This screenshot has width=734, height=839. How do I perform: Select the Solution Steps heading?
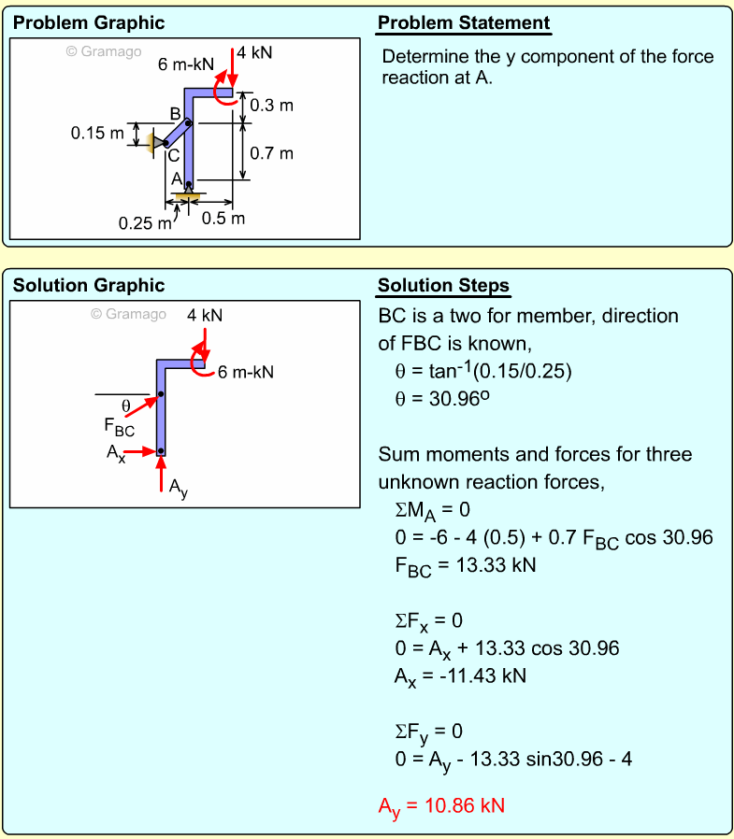click(443, 286)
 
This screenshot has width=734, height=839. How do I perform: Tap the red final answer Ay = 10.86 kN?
click(440, 805)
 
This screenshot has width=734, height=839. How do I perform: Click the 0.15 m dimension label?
click(97, 134)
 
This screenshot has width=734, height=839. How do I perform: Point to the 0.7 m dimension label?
click(273, 153)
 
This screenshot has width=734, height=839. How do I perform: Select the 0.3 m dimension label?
click(272, 106)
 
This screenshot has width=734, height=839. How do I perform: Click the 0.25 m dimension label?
click(145, 223)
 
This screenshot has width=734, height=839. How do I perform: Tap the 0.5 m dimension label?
click(223, 219)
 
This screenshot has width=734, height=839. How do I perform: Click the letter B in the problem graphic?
click(175, 114)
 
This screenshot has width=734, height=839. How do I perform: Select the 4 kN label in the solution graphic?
click(205, 316)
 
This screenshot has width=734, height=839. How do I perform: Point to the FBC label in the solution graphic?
click(120, 429)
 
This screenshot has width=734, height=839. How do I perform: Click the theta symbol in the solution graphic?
click(126, 405)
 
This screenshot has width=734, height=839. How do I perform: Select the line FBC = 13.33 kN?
click(465, 566)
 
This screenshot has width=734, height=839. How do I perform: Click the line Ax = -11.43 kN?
click(460, 675)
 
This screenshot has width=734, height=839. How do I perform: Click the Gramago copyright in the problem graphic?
click(103, 51)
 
